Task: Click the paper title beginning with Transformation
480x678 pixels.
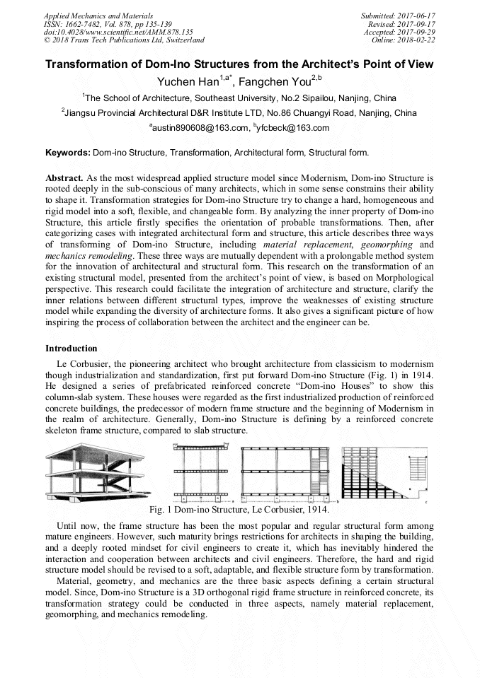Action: tap(239, 64)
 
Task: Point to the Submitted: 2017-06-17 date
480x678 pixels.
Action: tap(399, 15)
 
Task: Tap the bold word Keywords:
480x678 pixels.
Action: tap(68, 152)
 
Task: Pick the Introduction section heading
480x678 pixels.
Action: tap(72, 349)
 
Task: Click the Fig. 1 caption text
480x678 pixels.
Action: tap(239, 509)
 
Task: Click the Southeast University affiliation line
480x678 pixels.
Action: tap(239, 98)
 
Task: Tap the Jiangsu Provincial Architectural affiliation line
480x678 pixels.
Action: tap(239, 112)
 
